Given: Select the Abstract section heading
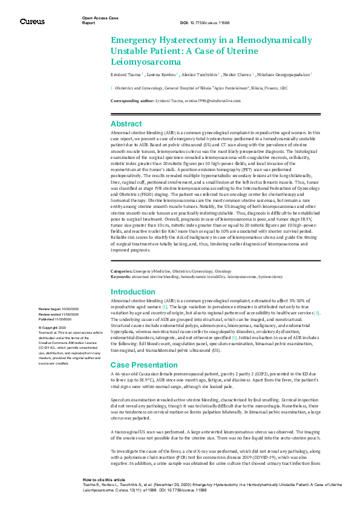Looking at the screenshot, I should click(x=126, y=123).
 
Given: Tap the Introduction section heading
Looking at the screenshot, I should click(x=134, y=292).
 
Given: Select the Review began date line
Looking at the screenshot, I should click(x=61, y=309).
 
